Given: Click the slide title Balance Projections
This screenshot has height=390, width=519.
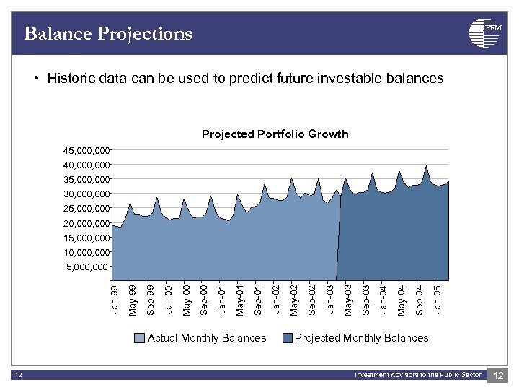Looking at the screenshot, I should [x=108, y=34].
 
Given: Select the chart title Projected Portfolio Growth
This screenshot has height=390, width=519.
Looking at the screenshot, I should [x=275, y=134].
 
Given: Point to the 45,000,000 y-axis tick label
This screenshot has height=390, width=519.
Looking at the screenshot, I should [x=86, y=151].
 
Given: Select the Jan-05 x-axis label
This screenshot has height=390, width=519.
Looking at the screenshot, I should [x=437, y=299].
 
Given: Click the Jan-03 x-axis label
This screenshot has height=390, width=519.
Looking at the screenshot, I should [x=329, y=299].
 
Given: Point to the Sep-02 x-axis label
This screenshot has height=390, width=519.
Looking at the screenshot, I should [x=311, y=299].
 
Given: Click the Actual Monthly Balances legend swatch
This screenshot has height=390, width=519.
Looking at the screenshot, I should [x=140, y=338].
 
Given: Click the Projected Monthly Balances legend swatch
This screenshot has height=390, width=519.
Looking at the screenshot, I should [x=288, y=338].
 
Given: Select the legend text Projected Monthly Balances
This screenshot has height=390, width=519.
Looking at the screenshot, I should [x=361, y=338].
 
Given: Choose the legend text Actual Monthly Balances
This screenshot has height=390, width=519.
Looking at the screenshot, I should [x=207, y=338].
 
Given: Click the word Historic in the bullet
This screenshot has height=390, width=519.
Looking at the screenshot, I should [x=71, y=79].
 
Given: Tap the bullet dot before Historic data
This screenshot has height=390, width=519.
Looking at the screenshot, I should [x=35, y=79].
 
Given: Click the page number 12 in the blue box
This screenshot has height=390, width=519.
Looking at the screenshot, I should [x=498, y=375].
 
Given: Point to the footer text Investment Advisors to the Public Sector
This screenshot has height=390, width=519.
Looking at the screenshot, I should [x=417, y=375].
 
